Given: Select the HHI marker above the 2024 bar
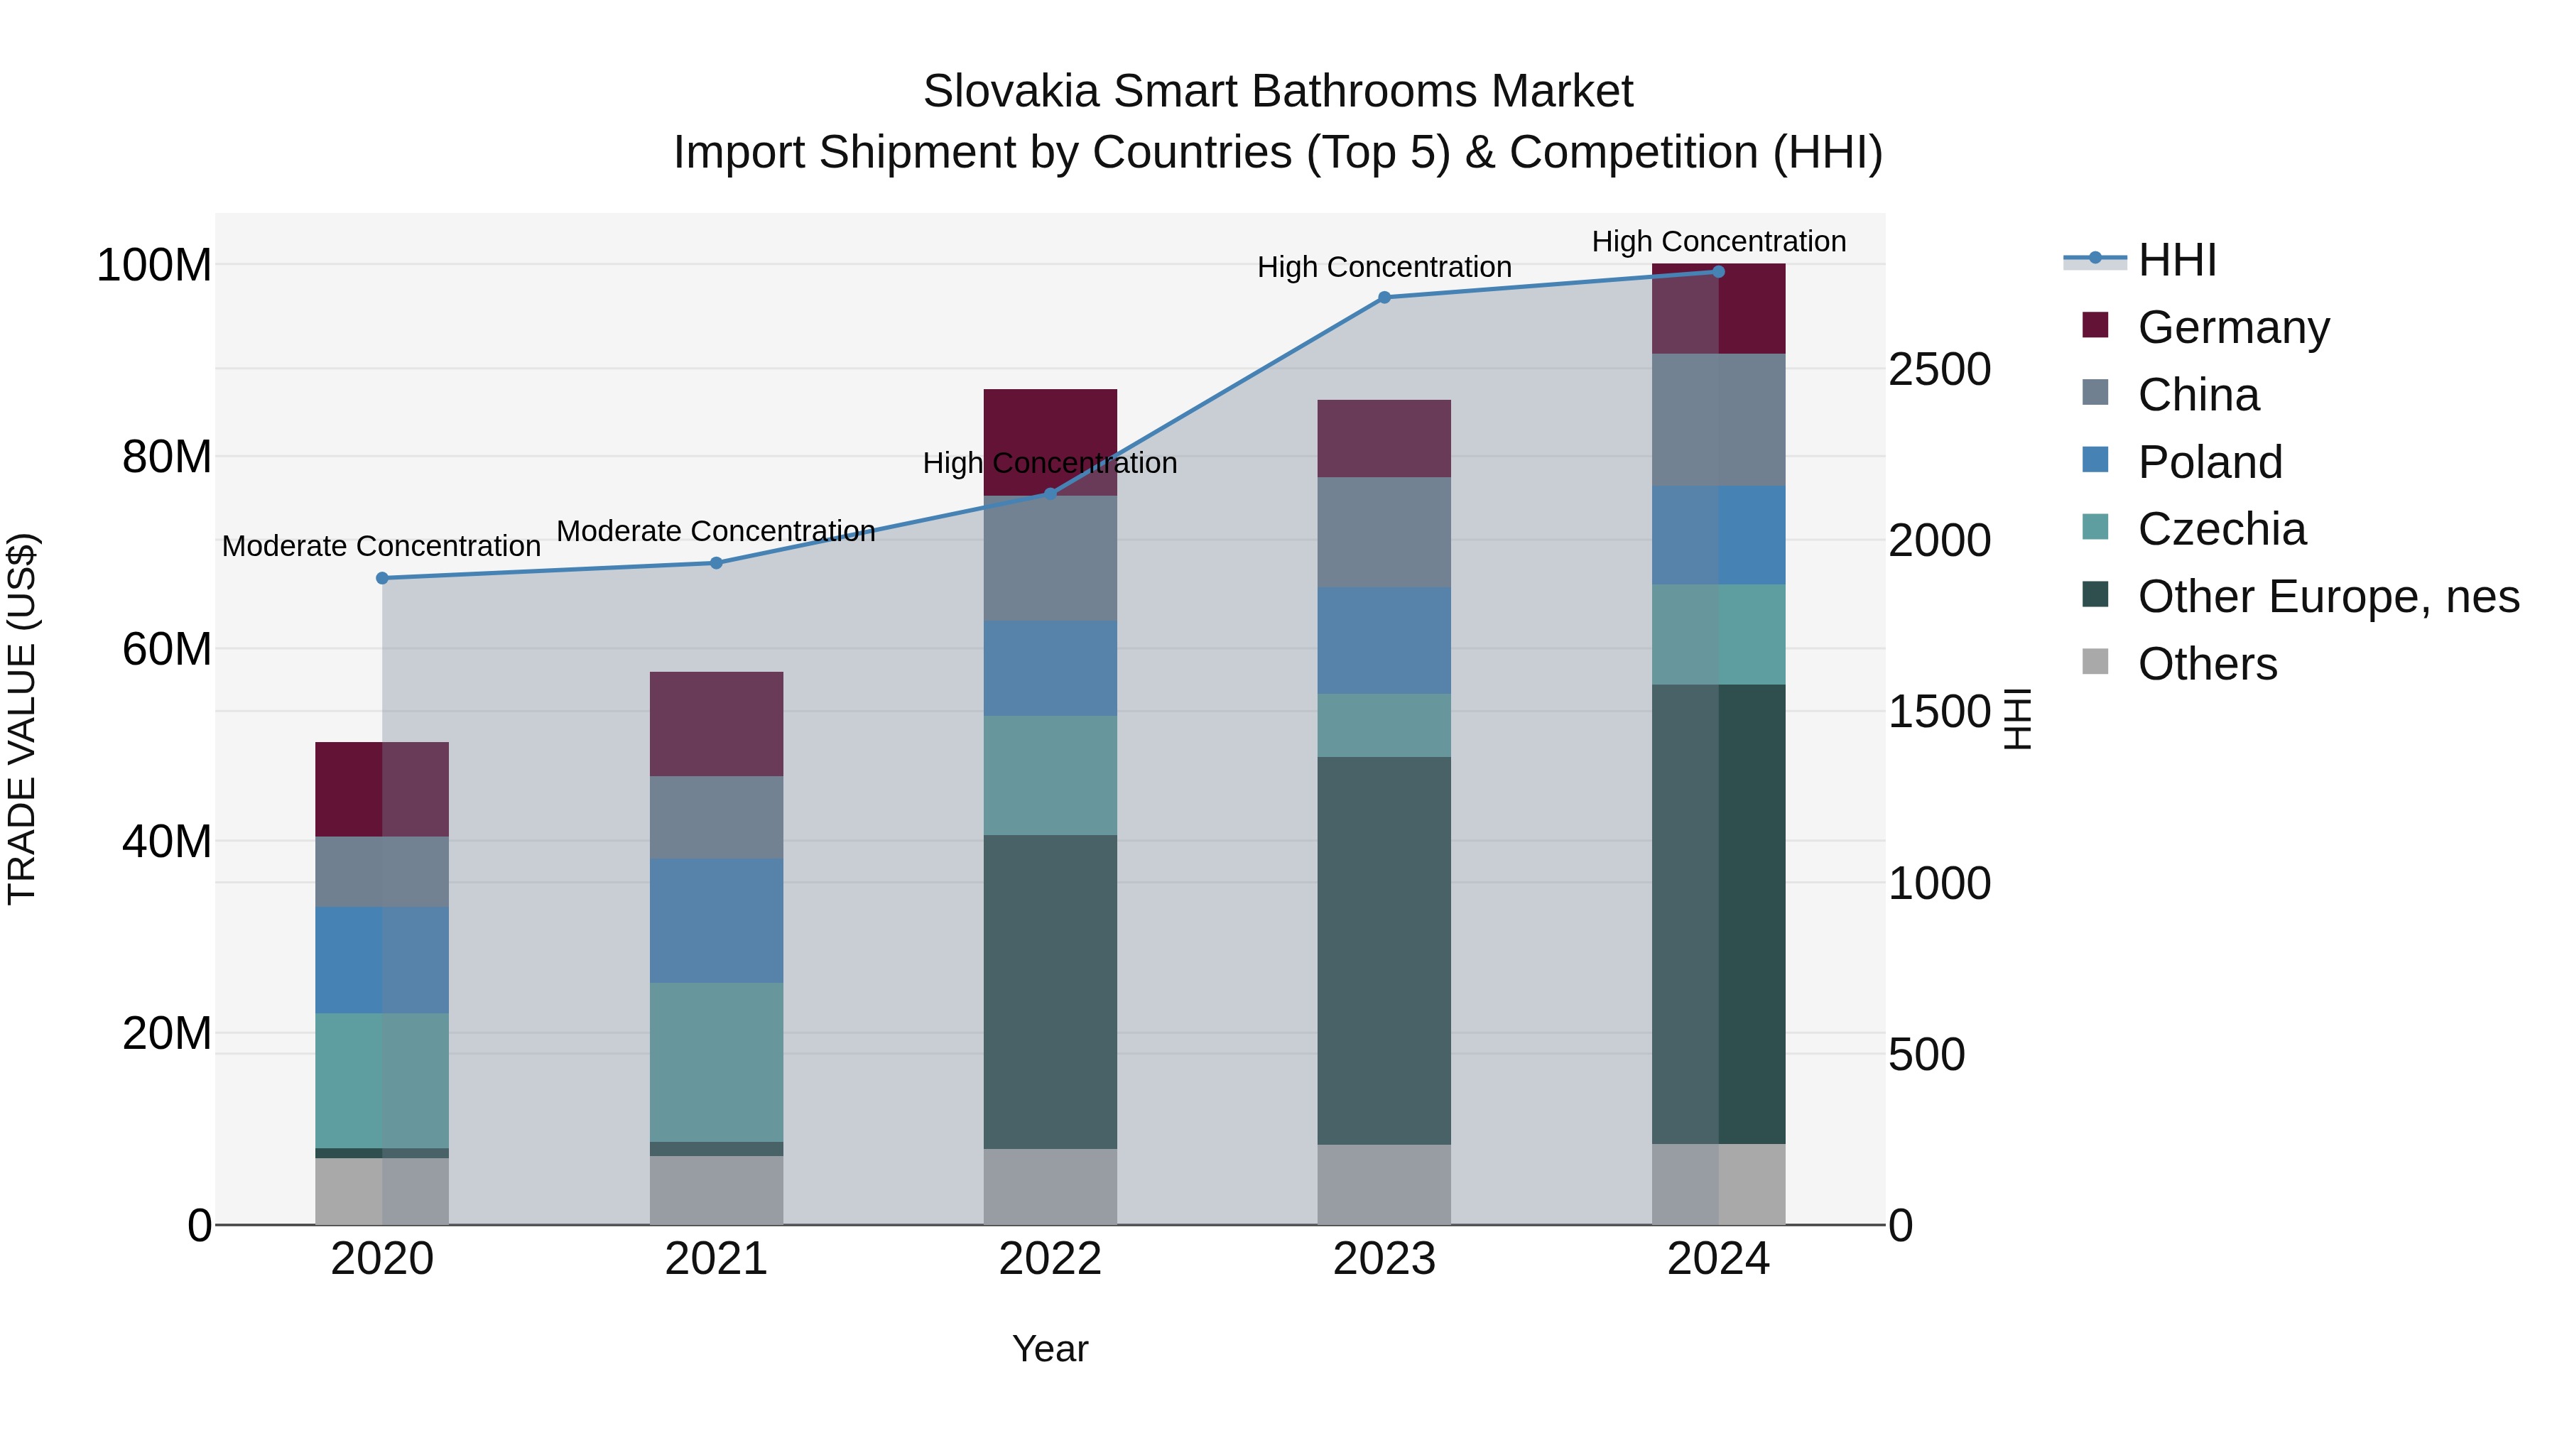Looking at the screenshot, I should [x=1718, y=272].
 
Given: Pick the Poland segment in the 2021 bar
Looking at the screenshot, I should [x=716, y=921].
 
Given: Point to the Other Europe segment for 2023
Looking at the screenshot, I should [x=1384, y=951].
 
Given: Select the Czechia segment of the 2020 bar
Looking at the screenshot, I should [x=382, y=1081].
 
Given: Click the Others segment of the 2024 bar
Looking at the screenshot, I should [x=1718, y=1184].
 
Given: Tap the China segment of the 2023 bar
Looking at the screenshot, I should [x=1384, y=532].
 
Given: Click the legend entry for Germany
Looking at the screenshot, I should [x=2233, y=327].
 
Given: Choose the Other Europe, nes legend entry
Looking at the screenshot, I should [x=2328, y=597].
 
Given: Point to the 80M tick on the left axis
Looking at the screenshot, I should [x=167, y=457].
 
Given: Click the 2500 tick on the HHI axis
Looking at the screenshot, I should [x=1938, y=370].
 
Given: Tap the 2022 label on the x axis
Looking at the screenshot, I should [x=1051, y=1259].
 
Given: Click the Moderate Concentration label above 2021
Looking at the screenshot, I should [x=716, y=531].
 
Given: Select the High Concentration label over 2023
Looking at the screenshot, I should [x=1384, y=267].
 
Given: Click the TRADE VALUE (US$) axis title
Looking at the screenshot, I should [x=22, y=719].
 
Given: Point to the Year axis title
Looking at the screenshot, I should [x=1051, y=1349].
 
